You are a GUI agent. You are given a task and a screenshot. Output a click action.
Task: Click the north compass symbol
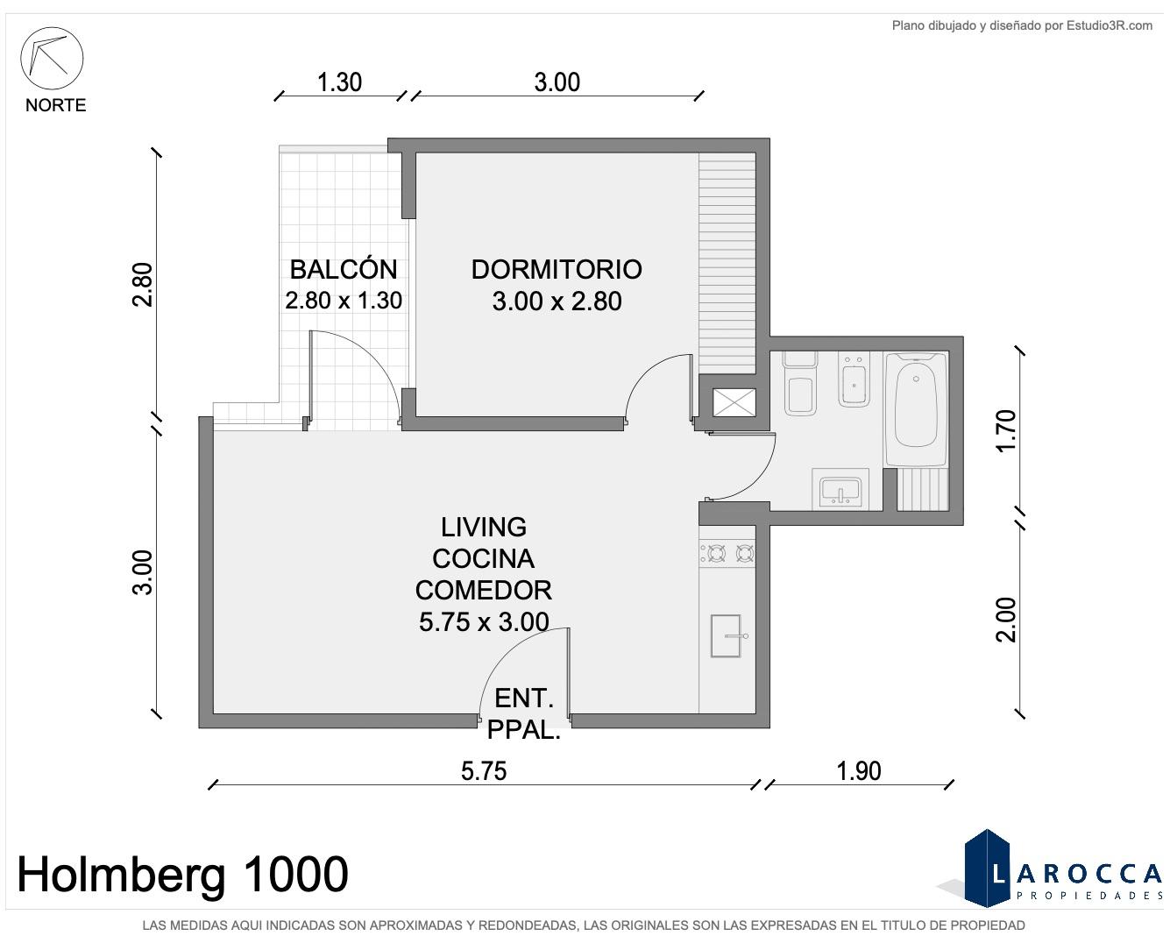52,58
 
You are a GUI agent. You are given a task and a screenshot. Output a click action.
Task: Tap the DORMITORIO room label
557,270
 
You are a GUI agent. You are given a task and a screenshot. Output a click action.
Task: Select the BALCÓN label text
343,269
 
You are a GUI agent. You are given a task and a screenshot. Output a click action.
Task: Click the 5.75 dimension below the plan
484,770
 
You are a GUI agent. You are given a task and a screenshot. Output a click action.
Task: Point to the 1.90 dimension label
859,770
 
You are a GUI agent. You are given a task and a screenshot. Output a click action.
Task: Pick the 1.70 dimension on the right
1006,430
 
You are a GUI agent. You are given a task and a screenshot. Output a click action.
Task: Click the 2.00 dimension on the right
1006,620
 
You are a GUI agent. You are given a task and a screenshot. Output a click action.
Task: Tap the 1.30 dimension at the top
339,82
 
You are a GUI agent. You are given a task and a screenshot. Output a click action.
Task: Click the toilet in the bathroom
800,384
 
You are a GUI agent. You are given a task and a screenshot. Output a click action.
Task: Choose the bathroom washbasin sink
840,490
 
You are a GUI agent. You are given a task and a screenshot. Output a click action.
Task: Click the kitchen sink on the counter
727,635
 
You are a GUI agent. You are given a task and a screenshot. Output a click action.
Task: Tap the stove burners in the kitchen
727,553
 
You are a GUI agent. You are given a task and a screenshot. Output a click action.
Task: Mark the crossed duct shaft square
734,402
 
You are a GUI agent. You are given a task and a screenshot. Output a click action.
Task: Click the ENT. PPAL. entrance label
523,713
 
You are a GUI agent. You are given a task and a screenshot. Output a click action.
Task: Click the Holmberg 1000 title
182,875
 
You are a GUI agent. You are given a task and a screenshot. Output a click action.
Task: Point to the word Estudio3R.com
1110,25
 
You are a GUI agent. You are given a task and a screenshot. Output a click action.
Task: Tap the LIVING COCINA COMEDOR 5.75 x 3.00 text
483,574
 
